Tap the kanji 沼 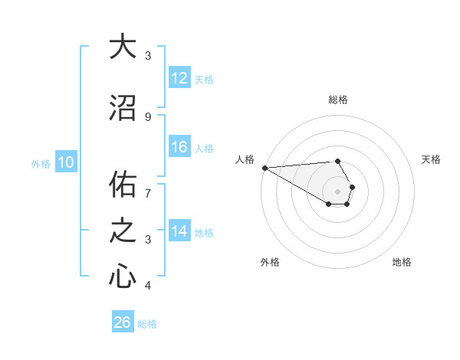coord(122,108)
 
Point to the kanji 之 coord(122,231)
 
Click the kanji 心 coord(122,276)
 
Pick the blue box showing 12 coord(179,79)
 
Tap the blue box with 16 coord(179,148)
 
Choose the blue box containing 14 coord(179,232)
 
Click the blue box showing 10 coord(65,162)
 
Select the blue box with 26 coord(122,322)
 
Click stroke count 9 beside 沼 coord(148,116)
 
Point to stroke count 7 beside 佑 coord(148,193)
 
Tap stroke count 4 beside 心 coord(148,286)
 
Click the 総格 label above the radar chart coord(338,100)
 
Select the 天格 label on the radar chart coord(431,159)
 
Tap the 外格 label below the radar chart coord(270,262)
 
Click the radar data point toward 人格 coord(264,168)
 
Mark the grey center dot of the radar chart coord(338,190)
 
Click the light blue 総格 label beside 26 coord(147,324)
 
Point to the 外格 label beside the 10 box coord(40,163)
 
